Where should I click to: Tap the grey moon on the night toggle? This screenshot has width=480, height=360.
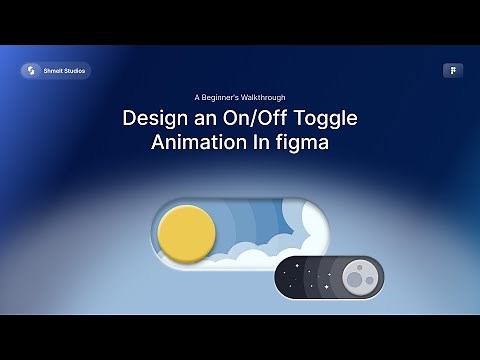(x=357, y=276)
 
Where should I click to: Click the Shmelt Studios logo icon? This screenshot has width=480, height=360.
(x=30, y=70)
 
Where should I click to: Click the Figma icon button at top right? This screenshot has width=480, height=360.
(x=452, y=70)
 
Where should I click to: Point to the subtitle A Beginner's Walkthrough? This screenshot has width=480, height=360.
(x=240, y=97)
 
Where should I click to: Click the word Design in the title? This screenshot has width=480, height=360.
(x=155, y=118)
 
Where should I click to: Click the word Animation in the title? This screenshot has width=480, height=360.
(x=197, y=142)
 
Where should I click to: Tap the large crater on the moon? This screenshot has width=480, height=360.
(x=354, y=279)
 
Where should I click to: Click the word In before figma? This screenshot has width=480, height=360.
(x=259, y=142)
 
